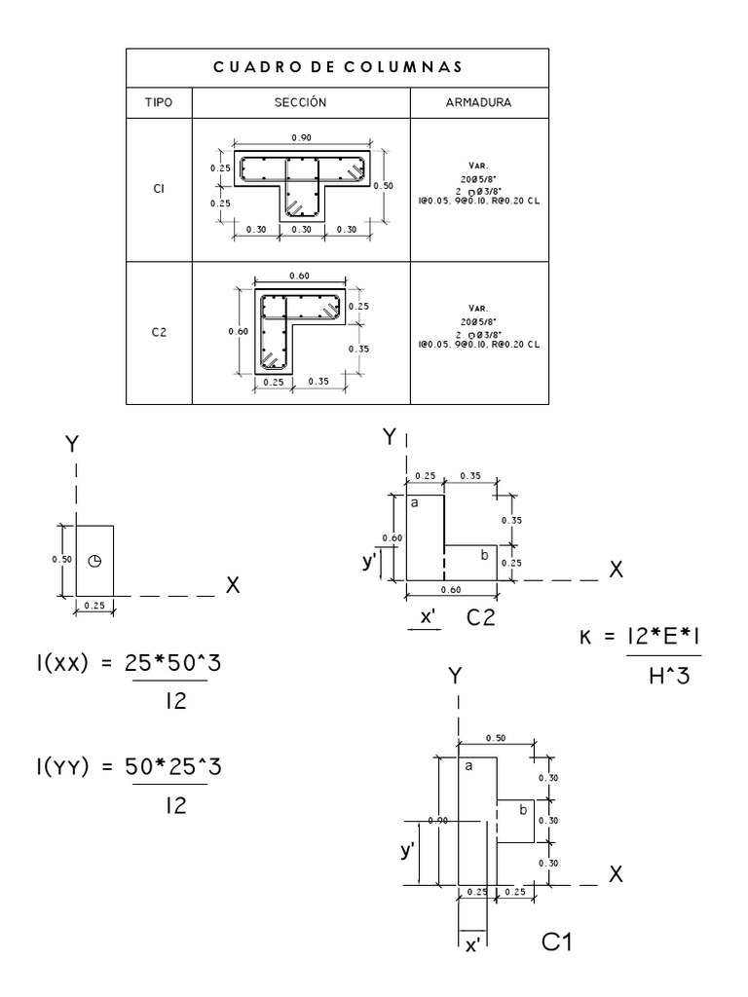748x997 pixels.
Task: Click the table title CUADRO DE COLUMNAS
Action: pos(337,67)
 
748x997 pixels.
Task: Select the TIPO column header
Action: pos(159,102)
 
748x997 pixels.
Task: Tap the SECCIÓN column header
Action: pos(300,102)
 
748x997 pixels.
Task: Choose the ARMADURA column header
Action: pos(477,102)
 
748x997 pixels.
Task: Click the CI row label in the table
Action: pos(159,190)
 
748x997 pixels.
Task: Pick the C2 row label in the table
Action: pos(159,331)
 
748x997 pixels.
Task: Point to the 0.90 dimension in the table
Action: pos(300,137)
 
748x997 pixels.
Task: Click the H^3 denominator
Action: pos(668,678)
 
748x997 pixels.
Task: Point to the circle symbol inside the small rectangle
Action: pos(94,561)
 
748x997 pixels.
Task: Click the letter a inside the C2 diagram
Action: pos(414,502)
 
